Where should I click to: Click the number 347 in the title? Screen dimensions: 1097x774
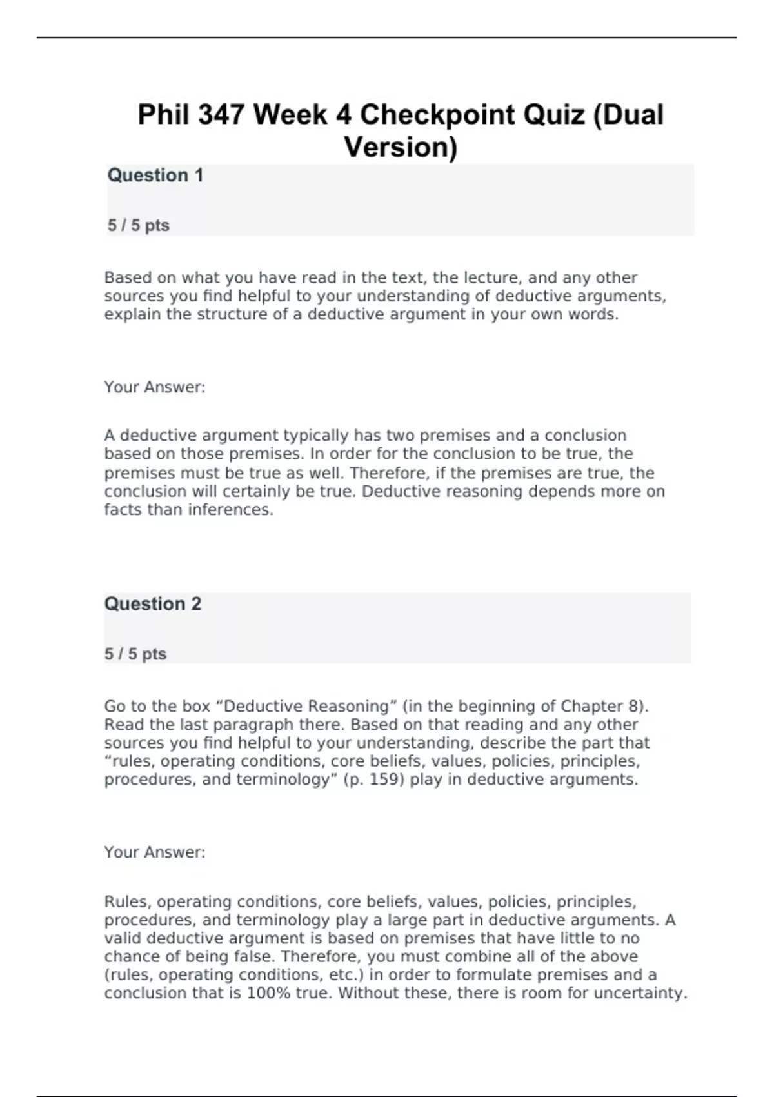point(221,115)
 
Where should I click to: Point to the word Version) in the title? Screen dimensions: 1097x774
point(401,147)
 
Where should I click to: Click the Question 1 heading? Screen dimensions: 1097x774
point(155,175)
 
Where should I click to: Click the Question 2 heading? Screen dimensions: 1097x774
point(152,603)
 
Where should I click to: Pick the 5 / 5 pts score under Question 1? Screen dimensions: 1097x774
point(138,225)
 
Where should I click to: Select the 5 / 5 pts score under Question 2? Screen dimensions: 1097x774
point(135,654)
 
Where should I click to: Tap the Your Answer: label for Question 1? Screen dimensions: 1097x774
point(154,387)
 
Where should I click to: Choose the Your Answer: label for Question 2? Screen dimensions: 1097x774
point(154,852)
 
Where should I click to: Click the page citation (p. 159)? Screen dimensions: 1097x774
point(374,780)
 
